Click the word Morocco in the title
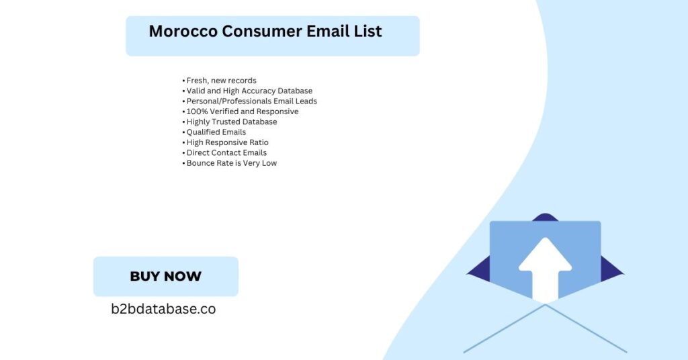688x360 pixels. click(x=183, y=31)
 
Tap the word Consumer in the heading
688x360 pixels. click(x=262, y=31)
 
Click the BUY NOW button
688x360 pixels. click(x=166, y=276)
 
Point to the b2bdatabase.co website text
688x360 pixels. click(x=163, y=309)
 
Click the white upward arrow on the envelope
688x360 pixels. click(x=545, y=269)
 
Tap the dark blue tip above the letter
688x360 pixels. click(x=545, y=217)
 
